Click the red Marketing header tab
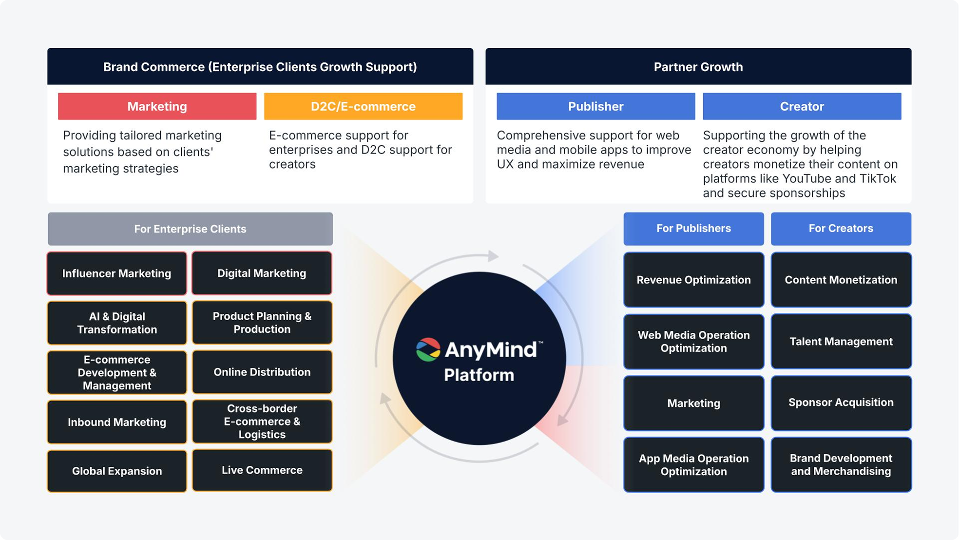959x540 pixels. pyautogui.click(x=157, y=106)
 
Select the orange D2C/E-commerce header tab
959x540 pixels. pyautogui.click(x=363, y=106)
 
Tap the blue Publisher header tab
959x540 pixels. pyautogui.click(x=595, y=106)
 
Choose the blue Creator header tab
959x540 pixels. pyautogui.click(x=802, y=106)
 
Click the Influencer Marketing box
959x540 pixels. pyautogui.click(x=116, y=273)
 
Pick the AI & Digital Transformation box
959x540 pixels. pyautogui.click(x=116, y=323)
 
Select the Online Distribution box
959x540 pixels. pyautogui.click(x=262, y=372)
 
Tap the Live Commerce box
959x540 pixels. pyautogui.click(x=262, y=470)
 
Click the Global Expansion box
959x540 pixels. pyautogui.click(x=116, y=471)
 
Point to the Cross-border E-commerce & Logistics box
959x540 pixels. pyautogui.click(x=262, y=421)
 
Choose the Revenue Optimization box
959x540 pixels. pyautogui.click(x=693, y=280)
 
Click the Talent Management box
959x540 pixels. pyautogui.click(x=841, y=341)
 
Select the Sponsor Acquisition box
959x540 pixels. pyautogui.click(x=841, y=403)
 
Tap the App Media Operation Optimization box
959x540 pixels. pyautogui.click(x=693, y=464)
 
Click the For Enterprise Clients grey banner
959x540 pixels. pyautogui.click(x=190, y=229)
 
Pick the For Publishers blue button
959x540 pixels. pyautogui.click(x=693, y=229)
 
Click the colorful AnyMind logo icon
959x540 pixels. pyautogui.click(x=428, y=349)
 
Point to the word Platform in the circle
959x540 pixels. pyautogui.click(x=479, y=375)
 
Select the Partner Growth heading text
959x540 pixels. pyautogui.click(x=698, y=67)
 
